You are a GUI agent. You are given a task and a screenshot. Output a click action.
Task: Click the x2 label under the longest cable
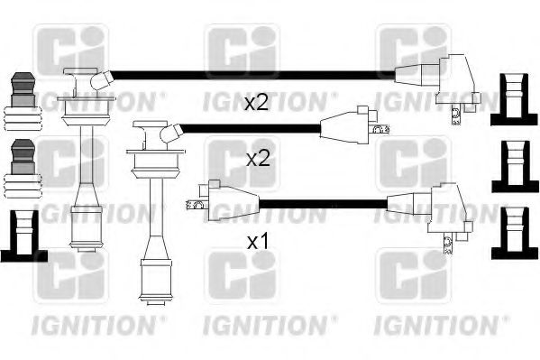click(x=256, y=103)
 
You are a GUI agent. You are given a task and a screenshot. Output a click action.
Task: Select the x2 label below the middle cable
click(x=258, y=159)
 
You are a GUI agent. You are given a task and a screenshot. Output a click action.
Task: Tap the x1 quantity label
click(x=258, y=242)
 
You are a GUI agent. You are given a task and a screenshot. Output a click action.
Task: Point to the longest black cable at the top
click(x=253, y=76)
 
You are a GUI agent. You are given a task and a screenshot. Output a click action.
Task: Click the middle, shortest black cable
click(x=251, y=129)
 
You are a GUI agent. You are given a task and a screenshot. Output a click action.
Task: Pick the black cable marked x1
click(x=323, y=204)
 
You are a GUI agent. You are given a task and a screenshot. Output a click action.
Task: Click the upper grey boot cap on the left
click(x=23, y=89)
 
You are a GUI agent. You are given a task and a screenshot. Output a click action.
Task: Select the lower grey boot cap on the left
click(x=23, y=157)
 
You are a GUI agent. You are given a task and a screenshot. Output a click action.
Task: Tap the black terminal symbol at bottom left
click(x=23, y=235)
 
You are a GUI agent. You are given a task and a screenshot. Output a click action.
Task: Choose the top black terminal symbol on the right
click(x=514, y=99)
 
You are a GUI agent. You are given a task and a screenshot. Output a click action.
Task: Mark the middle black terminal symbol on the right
click(x=515, y=167)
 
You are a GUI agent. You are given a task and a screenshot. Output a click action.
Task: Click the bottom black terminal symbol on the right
click(x=515, y=234)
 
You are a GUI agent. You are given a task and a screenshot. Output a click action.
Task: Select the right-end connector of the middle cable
click(x=354, y=125)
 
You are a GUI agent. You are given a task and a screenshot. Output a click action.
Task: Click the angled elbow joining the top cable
click(x=101, y=80)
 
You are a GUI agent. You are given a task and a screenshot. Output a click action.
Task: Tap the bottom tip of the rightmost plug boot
click(x=155, y=304)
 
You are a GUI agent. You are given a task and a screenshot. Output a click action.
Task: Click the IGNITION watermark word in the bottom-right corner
click(x=436, y=325)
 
